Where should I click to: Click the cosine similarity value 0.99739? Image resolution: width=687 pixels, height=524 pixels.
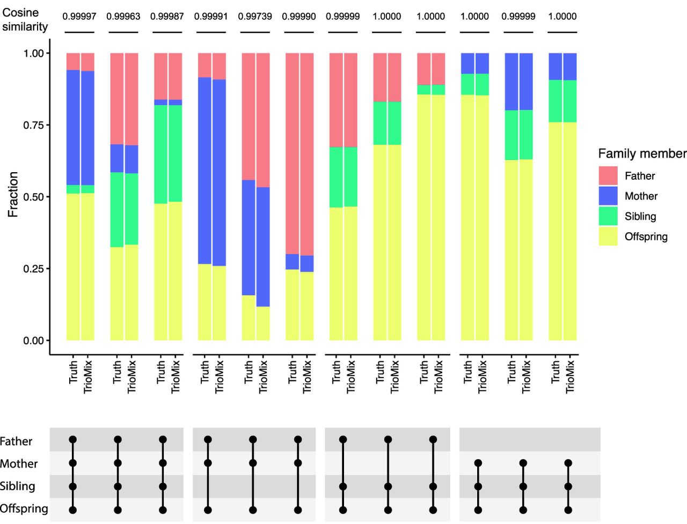click(x=255, y=16)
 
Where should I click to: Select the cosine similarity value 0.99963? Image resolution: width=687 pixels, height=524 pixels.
click(x=123, y=16)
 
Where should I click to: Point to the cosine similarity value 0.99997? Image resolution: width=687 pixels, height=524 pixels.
click(x=79, y=16)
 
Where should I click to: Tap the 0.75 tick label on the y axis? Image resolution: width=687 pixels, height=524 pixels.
click(x=33, y=125)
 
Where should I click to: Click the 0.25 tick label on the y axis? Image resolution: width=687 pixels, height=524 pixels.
click(x=33, y=269)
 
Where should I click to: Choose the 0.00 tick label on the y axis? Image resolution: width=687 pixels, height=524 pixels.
click(x=33, y=341)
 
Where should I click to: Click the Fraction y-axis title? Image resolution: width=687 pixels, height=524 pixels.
click(x=13, y=194)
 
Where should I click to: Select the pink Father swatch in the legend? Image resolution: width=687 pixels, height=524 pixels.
click(x=608, y=176)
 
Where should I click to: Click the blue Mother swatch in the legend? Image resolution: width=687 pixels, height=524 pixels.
click(x=608, y=196)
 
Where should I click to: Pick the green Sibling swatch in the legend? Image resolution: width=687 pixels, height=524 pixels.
click(x=608, y=216)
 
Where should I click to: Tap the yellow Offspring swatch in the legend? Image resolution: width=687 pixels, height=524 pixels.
click(x=608, y=237)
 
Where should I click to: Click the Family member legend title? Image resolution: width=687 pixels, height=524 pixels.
click(x=642, y=153)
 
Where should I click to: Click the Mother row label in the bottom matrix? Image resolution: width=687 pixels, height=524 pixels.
click(x=19, y=463)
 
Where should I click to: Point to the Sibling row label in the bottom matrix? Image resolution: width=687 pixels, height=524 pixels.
click(x=18, y=486)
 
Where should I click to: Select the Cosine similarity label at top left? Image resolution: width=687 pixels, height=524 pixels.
click(x=25, y=19)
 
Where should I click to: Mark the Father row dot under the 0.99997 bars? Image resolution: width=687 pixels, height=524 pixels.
click(x=73, y=440)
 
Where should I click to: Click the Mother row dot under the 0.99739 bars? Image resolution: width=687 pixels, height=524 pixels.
click(x=253, y=463)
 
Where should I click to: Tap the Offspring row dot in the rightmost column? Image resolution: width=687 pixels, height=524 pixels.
click(x=568, y=510)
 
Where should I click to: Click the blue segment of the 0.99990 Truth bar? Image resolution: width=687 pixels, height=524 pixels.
click(x=293, y=262)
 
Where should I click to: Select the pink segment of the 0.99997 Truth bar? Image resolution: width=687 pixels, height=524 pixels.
click(x=73, y=62)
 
